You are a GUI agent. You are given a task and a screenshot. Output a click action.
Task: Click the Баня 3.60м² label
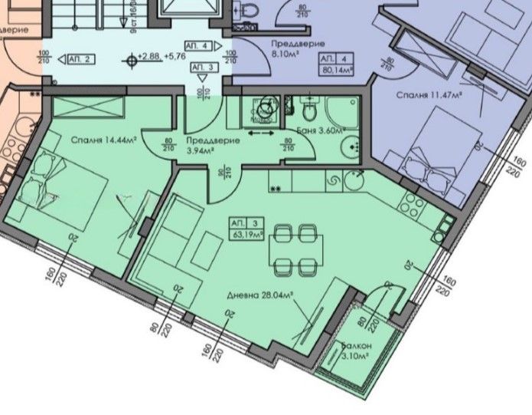click(316, 130)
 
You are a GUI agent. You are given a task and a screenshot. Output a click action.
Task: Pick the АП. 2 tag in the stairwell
click(80, 58)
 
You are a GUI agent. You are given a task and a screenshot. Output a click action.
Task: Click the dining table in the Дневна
click(295, 247)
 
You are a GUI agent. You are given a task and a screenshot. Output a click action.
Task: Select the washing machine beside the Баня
click(265, 109)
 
